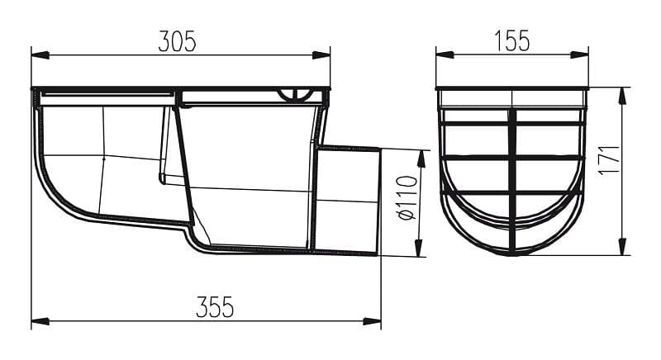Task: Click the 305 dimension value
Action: coord(178,41)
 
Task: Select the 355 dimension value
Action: coord(215,307)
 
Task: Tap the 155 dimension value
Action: coord(511,41)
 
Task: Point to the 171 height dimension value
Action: coord(611,159)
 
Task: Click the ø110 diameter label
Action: coord(407,198)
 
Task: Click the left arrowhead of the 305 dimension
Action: coord(40,55)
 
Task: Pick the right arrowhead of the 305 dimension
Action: coord(321,55)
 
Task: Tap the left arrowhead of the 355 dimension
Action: coord(40,322)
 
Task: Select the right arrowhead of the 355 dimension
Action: coord(372,322)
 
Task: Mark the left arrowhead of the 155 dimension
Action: coord(445,54)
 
